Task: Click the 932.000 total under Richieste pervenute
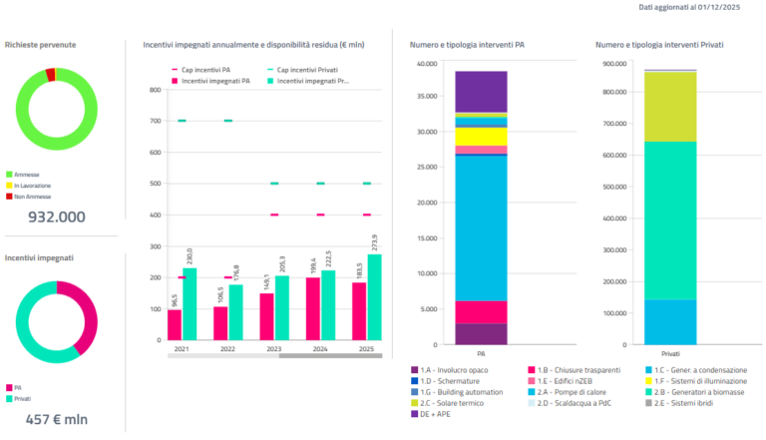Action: pos(56,217)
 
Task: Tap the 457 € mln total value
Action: pos(56,419)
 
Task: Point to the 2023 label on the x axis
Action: pos(266,349)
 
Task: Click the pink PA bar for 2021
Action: pos(175,324)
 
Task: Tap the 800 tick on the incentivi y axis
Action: pos(155,90)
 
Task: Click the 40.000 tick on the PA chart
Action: pos(426,64)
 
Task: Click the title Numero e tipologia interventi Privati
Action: pos(659,45)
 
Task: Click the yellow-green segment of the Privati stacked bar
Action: pos(656,106)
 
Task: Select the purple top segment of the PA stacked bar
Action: pos(481,91)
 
